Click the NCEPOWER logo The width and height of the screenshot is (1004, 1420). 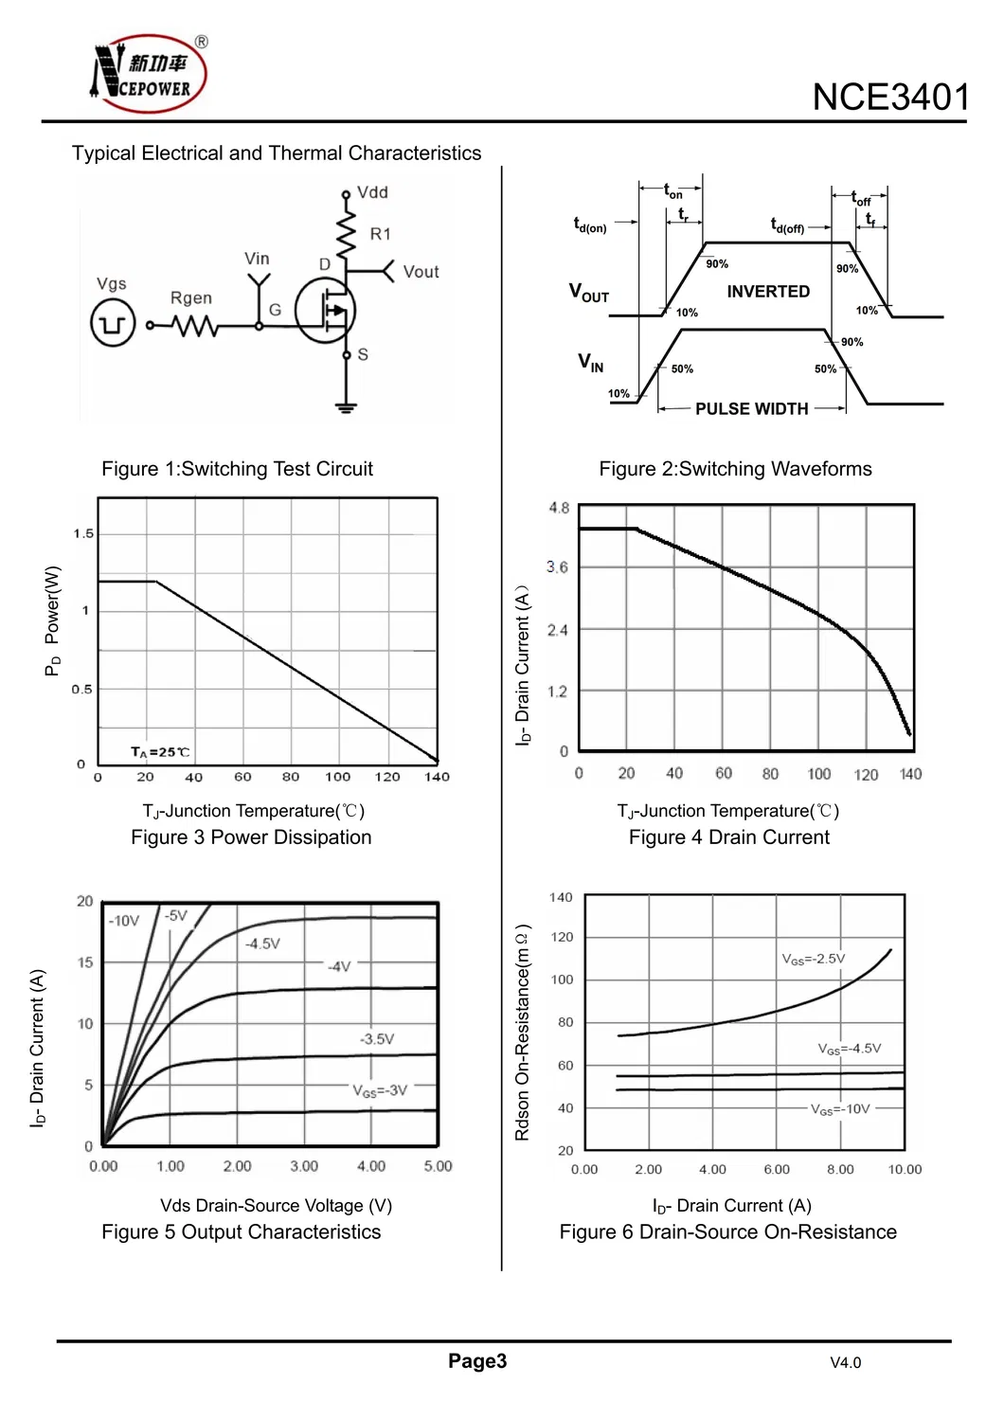point(149,74)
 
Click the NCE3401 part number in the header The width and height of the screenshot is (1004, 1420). point(890,98)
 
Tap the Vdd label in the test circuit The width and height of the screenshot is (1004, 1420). point(372,192)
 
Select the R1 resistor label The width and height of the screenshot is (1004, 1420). point(380,234)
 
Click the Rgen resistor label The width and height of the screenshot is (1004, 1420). point(191,298)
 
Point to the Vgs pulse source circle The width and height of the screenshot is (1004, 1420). point(113,324)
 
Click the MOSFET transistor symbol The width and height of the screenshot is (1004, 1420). point(326,311)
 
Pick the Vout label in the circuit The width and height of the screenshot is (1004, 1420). point(421,272)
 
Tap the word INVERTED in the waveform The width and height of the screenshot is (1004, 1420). point(768,292)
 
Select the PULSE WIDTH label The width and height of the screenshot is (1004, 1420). point(751,409)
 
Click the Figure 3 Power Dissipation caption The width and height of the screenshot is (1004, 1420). point(251,837)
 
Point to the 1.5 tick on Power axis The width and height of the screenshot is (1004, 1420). point(84,534)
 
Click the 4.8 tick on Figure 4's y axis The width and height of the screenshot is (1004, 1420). point(559,509)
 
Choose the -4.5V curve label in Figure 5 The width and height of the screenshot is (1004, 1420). point(262,944)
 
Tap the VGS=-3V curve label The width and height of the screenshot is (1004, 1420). point(380,1090)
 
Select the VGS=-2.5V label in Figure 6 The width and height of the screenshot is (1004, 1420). point(813,959)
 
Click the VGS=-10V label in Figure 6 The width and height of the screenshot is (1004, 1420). point(839,1109)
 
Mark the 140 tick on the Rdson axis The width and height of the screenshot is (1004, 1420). point(561,897)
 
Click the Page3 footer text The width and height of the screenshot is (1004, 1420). point(477,1361)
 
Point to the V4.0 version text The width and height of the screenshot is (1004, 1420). point(845,1363)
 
